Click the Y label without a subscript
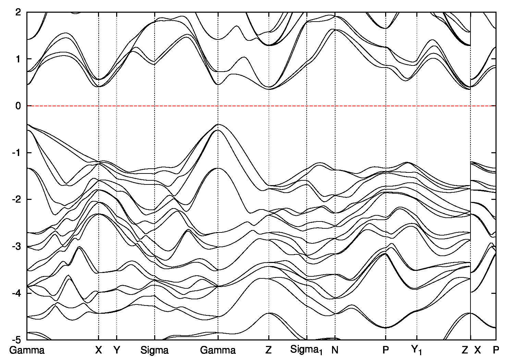coord(117,350)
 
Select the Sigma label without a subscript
coord(155,350)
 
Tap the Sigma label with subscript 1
coord(306,350)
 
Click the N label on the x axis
coord(335,350)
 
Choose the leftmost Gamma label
coord(27,350)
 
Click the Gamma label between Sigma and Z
coord(218,350)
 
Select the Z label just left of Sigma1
coord(268,350)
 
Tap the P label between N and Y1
coord(386,350)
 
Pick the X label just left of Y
coord(99,350)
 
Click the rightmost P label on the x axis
coord(496,350)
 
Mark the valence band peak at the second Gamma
coord(218,125)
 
